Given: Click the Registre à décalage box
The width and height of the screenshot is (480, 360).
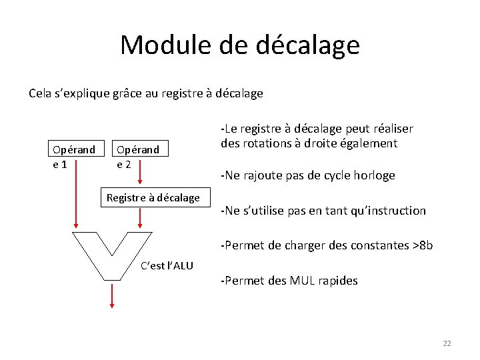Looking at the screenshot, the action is click(x=153, y=197).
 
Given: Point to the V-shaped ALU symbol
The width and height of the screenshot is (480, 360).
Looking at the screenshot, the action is click(x=112, y=253).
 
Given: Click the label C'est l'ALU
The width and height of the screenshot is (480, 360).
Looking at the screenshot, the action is click(x=167, y=266).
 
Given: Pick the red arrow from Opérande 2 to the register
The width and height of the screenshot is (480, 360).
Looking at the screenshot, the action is click(x=141, y=174).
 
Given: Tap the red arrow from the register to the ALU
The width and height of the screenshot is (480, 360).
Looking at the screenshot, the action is click(x=141, y=217).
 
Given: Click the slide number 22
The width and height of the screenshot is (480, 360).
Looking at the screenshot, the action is click(x=447, y=343).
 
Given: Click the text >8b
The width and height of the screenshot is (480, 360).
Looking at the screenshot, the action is click(x=423, y=245).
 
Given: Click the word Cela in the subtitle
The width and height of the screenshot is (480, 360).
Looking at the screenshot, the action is click(x=41, y=93).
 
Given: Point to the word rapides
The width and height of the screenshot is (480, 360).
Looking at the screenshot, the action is click(x=337, y=281).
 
